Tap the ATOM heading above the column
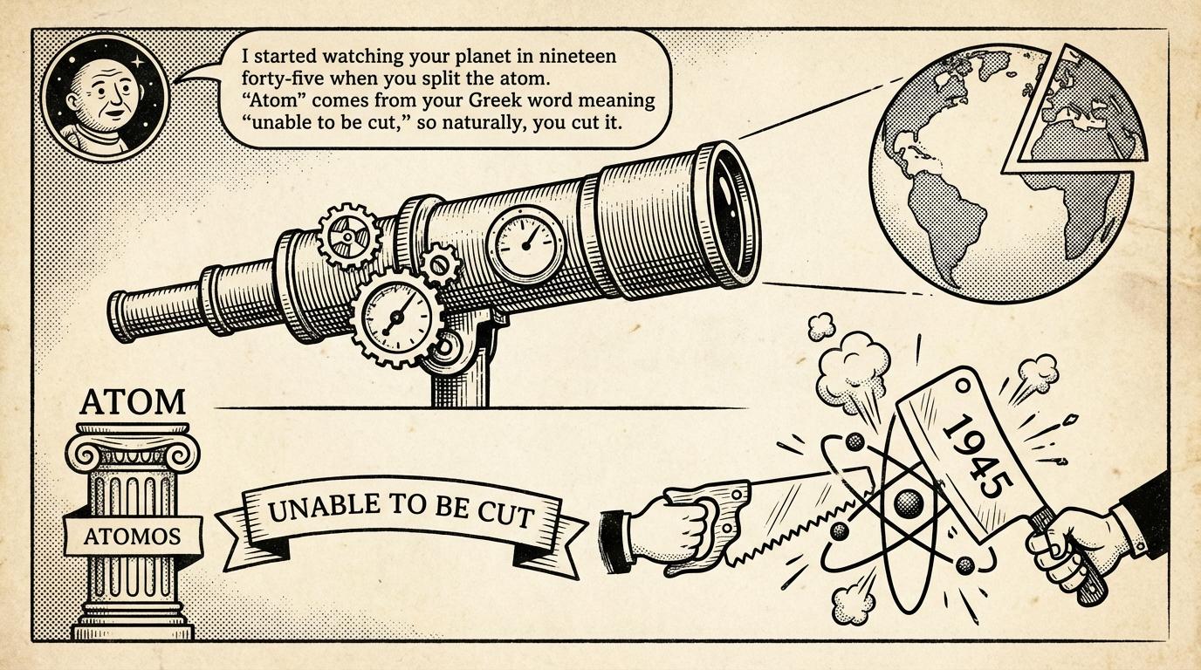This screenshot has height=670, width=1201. (132, 402)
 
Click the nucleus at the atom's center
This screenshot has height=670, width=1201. (909, 503)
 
